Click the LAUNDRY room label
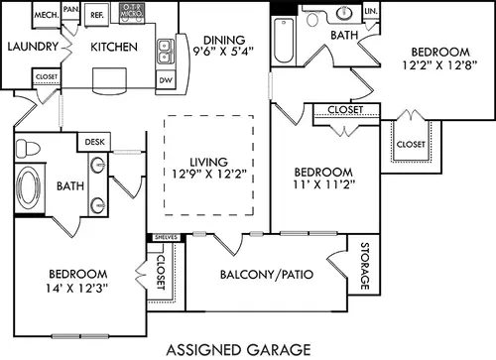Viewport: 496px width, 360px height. coord(33,47)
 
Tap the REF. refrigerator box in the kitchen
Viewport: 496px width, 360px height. coord(97,15)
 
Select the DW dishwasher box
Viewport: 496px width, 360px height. coord(166,80)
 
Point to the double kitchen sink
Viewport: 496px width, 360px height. coord(166,52)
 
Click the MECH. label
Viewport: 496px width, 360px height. coord(47,15)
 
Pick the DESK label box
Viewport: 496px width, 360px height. coord(94,142)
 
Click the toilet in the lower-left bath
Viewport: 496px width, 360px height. coord(28,148)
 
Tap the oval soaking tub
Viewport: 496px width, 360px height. coord(29,187)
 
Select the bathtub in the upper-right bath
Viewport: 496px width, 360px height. coord(284,41)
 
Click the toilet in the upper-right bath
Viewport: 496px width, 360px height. coord(312,19)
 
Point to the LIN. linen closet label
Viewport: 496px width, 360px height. coord(371,11)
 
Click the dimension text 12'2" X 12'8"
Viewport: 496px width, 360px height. coord(440,65)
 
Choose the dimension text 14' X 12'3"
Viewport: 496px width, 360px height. coord(77,289)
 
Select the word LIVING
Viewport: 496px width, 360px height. coord(208,162)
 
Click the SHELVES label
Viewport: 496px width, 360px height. coord(167,237)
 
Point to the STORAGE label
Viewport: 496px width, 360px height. coord(364,266)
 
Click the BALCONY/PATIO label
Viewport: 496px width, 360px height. coord(267,275)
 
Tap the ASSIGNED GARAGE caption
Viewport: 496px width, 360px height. coord(239,350)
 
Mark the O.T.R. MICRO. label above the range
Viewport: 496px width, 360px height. coord(132,10)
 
